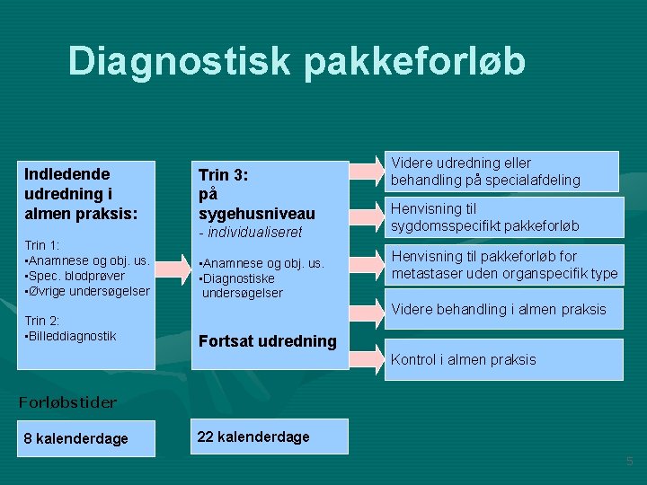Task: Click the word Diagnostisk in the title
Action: [x=179, y=61]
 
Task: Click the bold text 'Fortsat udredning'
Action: [x=268, y=341]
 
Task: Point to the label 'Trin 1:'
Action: [x=43, y=244]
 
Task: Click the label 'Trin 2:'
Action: [x=43, y=321]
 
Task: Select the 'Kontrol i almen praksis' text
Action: [x=463, y=359]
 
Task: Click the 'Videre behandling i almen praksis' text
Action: [x=498, y=310]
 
